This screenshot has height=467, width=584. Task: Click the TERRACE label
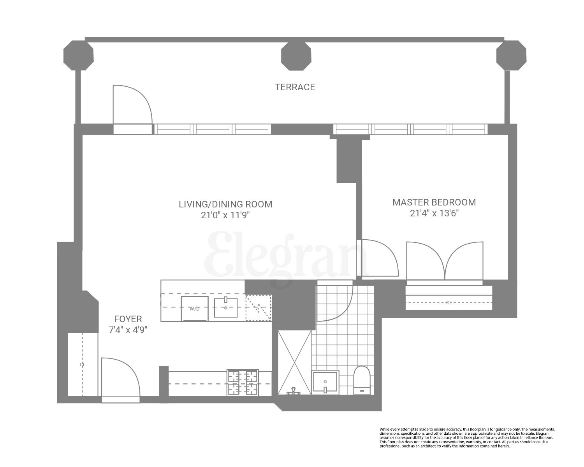[295, 87]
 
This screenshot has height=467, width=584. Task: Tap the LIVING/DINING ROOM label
[225, 204]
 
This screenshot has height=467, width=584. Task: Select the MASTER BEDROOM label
[434, 202]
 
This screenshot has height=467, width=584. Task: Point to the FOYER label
[128, 319]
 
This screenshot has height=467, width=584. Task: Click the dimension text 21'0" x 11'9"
[225, 216]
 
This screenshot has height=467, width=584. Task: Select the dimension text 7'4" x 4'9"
[128, 330]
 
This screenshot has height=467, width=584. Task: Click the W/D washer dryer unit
[195, 309]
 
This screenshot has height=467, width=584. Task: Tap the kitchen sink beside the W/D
[226, 307]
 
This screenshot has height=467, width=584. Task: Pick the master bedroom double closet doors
[444, 261]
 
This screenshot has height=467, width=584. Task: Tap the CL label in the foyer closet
[82, 365]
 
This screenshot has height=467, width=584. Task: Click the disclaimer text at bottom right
[466, 437]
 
